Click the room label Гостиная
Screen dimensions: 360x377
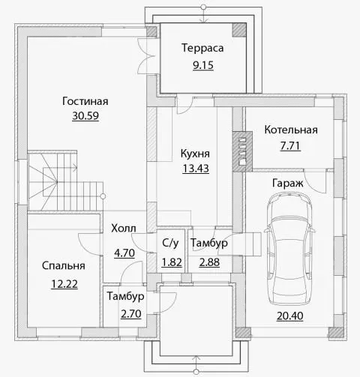pyautogui.click(x=85, y=101)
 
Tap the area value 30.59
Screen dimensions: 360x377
pyautogui.click(x=85, y=115)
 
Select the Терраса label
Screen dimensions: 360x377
pyautogui.click(x=202, y=48)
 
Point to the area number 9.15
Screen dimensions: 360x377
pyautogui.click(x=203, y=65)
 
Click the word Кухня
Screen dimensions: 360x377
pyautogui.click(x=195, y=154)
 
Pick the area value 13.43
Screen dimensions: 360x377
pyautogui.click(x=196, y=169)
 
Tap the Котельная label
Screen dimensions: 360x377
pyautogui.click(x=291, y=130)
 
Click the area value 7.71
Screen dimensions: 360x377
pyautogui.click(x=290, y=146)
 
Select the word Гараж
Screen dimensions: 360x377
pyautogui.click(x=287, y=184)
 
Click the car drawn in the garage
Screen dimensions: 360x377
pyautogui.click(x=289, y=248)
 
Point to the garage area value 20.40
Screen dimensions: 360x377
pyautogui.click(x=290, y=316)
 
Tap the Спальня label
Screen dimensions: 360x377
pyautogui.click(x=64, y=266)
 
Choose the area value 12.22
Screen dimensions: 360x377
pyautogui.click(x=64, y=284)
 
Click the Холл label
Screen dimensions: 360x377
pyautogui.click(x=124, y=229)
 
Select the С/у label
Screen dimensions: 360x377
pyautogui.click(x=170, y=243)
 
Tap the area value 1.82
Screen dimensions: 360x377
pyautogui.click(x=172, y=262)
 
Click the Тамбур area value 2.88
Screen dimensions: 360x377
pyautogui.click(x=209, y=262)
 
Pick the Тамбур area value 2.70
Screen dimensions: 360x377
pyautogui.click(x=131, y=314)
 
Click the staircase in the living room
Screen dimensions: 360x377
pyautogui.click(x=65, y=181)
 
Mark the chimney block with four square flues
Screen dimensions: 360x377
pyautogui.click(x=242, y=151)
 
